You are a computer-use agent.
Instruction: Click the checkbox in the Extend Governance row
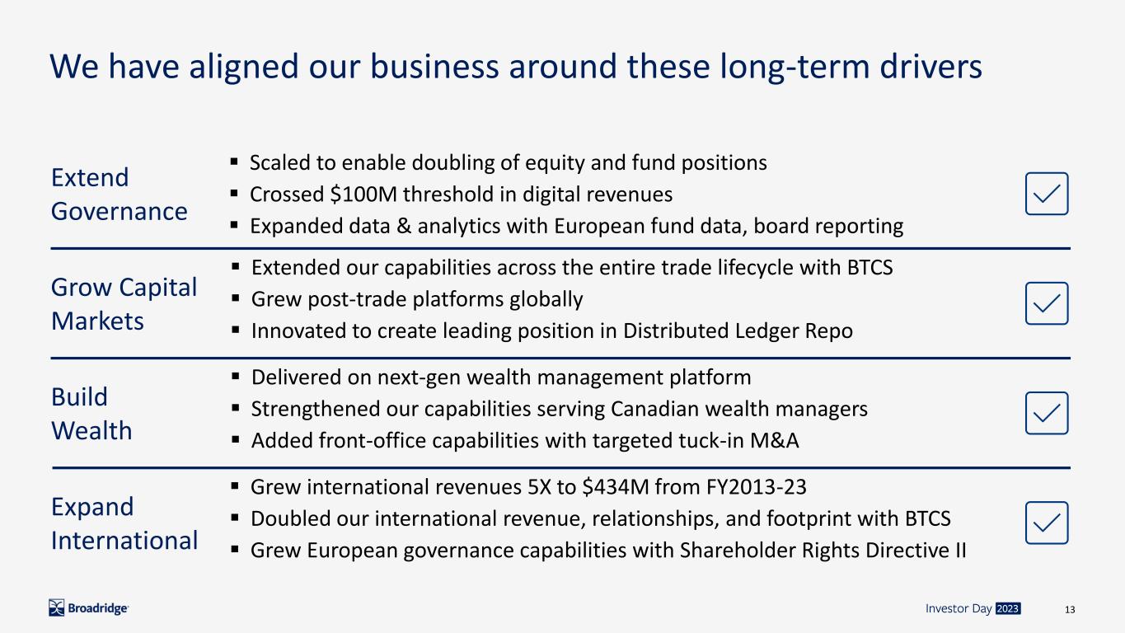[1047, 194]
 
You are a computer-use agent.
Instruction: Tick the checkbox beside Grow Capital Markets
[1047, 303]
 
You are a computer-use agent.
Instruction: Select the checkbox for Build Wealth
[1047, 413]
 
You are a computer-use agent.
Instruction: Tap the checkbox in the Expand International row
[1047, 523]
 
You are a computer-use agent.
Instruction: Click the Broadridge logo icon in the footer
[56, 607]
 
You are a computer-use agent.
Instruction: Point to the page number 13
[1070, 609]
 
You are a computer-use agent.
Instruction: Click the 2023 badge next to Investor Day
[1007, 608]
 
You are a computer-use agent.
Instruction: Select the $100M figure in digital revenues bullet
[363, 195]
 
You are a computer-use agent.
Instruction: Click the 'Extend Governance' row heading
[119, 194]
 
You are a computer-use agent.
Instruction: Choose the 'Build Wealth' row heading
[91, 414]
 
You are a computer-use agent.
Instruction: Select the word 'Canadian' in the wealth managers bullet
[655, 409]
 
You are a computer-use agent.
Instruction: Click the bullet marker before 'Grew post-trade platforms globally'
[236, 298]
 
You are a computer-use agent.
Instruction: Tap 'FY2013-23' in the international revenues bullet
[756, 487]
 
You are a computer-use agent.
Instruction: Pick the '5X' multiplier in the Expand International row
[539, 487]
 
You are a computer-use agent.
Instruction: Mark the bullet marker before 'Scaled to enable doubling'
[234, 162]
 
